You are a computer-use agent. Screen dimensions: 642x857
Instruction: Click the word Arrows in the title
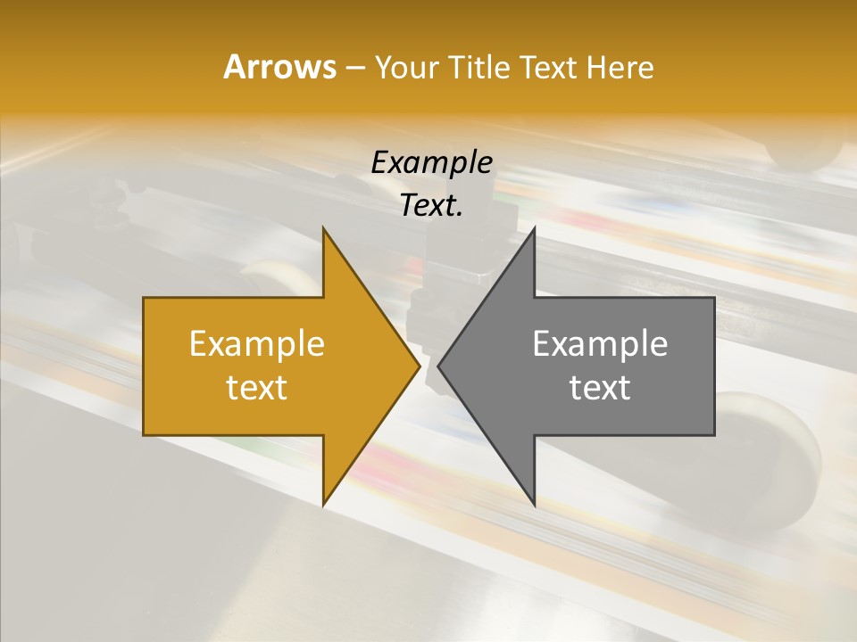pyautogui.click(x=279, y=67)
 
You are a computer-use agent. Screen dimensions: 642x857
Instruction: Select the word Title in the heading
pyautogui.click(x=481, y=67)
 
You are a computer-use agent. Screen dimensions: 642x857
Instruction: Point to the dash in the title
pyautogui.click(x=354, y=68)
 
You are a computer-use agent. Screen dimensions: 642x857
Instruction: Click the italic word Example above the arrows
pyautogui.click(x=431, y=162)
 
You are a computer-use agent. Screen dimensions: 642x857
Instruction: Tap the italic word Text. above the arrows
pyautogui.click(x=431, y=206)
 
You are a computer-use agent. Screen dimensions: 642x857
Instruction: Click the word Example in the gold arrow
pyautogui.click(x=256, y=343)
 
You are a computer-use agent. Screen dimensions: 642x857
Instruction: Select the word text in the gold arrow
pyautogui.click(x=256, y=388)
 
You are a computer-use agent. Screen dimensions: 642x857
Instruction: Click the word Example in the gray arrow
pyautogui.click(x=600, y=343)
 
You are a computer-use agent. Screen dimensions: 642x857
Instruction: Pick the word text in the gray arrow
pyautogui.click(x=600, y=388)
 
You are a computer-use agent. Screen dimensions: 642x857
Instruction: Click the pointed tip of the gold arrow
pyautogui.click(x=420, y=366)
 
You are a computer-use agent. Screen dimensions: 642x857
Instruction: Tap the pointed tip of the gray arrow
pyautogui.click(x=438, y=366)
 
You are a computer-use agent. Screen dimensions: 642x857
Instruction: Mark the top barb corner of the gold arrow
pyautogui.click(x=323, y=228)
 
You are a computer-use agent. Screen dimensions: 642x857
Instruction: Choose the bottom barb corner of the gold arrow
pyautogui.click(x=323, y=505)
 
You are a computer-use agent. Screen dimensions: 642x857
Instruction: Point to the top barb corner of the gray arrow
pyautogui.click(x=534, y=228)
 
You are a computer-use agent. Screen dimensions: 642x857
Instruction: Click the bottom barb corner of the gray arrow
pyautogui.click(x=534, y=505)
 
